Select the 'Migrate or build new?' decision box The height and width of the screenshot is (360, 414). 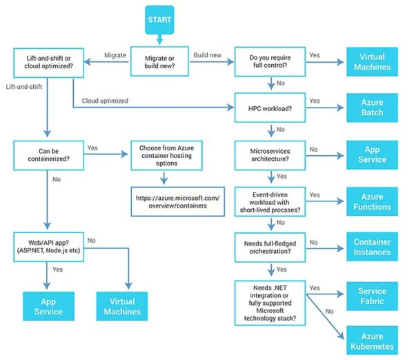pos(161,61)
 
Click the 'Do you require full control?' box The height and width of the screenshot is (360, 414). pos(268,61)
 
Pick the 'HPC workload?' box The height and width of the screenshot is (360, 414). pos(268,108)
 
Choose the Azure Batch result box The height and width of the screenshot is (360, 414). pos(372,108)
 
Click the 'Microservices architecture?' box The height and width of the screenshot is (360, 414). pos(268,154)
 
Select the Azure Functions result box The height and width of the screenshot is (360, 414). pos(372,201)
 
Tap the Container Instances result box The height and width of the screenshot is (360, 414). pos(372,248)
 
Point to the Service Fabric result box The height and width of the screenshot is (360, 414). pos(372,295)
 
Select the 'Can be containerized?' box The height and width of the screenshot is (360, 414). pos(47,154)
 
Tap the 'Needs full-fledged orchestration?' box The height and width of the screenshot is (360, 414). pos(268,248)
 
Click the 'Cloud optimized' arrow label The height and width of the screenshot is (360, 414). pos(104,101)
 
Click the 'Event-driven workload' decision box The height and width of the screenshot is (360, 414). pos(268,201)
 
